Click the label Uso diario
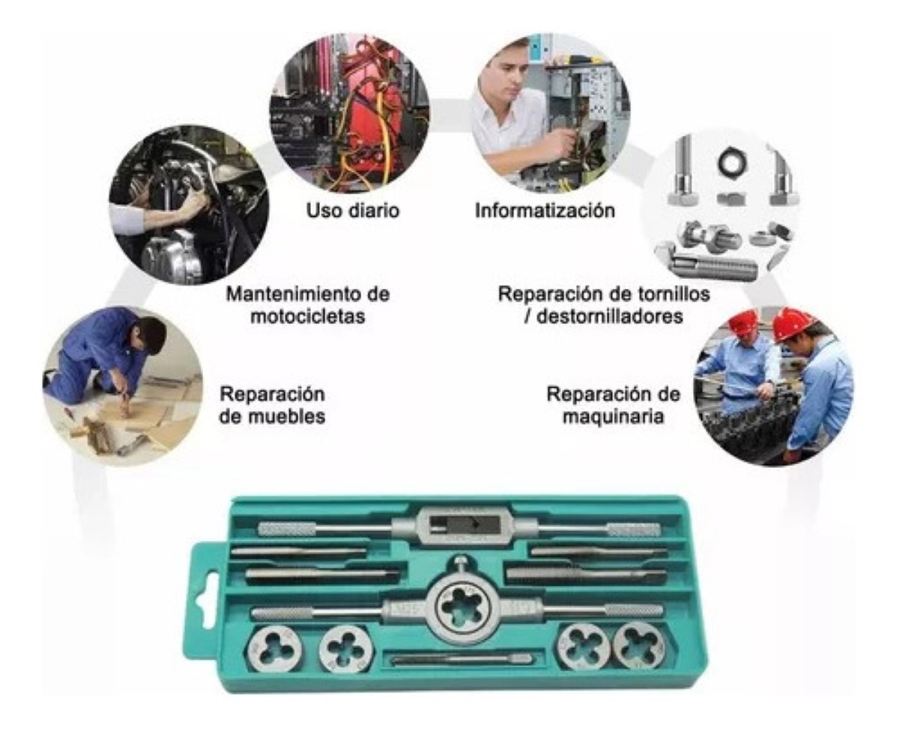tap(352, 211)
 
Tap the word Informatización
tap(545, 211)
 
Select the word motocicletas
tap(308, 316)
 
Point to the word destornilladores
tap(604, 316)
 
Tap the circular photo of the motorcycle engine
tap(188, 204)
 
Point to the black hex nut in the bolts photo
tap(727, 163)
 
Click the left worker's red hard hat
tap(743, 322)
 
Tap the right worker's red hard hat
tap(792, 323)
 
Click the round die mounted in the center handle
tap(461, 607)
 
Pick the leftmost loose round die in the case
tap(276, 646)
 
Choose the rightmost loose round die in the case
tap(638, 645)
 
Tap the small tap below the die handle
tap(461, 659)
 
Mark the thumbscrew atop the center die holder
tap(461, 564)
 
